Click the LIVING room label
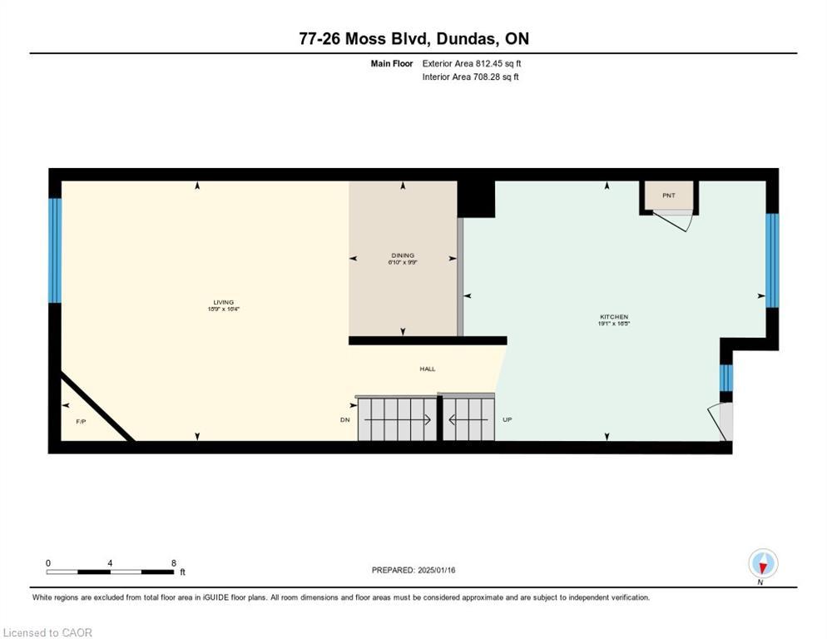223,303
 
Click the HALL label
427,369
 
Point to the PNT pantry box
669,196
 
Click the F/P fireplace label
81,422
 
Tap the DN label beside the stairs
344,420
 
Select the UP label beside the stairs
507,420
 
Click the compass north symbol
763,564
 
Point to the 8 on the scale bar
173,563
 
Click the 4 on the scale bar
110,563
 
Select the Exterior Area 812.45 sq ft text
472,63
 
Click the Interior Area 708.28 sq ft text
470,77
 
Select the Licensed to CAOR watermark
47,632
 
